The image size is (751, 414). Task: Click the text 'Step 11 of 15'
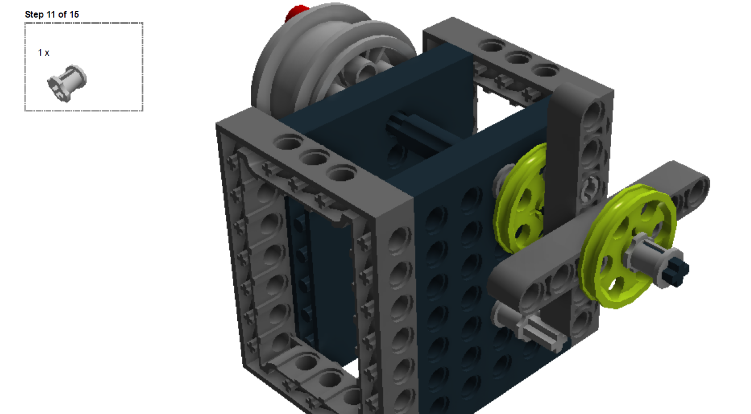click(x=52, y=14)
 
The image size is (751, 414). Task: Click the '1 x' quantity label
click(x=44, y=52)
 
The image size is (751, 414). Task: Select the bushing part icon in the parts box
click(x=67, y=83)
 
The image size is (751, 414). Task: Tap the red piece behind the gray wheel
click(x=298, y=13)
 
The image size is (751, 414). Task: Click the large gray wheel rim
click(x=296, y=63)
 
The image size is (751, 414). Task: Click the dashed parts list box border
click(x=83, y=23)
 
